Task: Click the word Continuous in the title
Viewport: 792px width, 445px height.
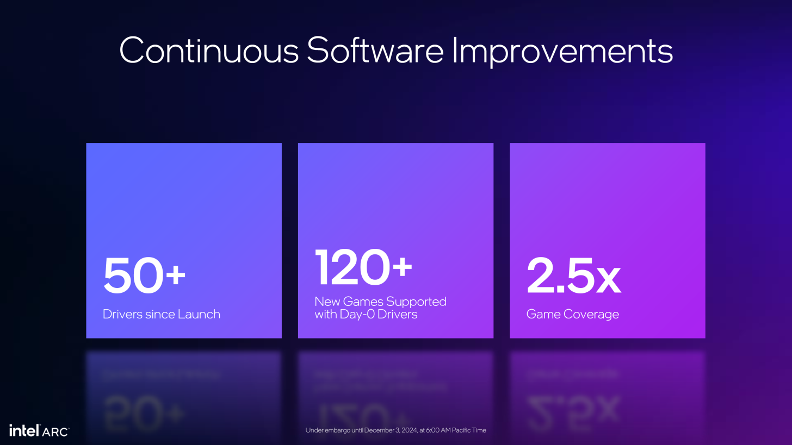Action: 209,50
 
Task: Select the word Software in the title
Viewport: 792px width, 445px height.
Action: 375,50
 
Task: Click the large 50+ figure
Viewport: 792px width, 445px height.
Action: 144,275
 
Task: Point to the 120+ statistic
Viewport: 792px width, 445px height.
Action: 363,267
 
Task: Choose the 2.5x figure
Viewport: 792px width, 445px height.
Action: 573,275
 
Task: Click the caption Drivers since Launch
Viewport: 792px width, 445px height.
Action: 161,314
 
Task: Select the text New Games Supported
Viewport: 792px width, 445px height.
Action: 380,302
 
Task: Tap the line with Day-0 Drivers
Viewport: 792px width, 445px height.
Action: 366,314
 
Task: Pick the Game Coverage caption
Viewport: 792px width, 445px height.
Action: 572,314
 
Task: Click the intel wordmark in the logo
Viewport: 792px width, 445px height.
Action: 24,430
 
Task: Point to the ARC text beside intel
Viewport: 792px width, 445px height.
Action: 55,432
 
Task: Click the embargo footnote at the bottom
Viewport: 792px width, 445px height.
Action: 395,430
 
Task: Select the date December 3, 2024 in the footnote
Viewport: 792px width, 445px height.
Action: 391,430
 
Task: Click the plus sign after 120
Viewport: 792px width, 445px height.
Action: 403,266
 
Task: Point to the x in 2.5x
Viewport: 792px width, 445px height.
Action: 609,280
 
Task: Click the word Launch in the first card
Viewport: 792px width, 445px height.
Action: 199,314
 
